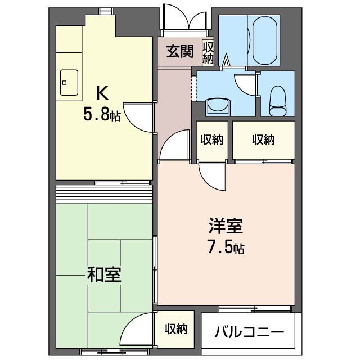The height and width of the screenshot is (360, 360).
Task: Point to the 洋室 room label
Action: (226, 226)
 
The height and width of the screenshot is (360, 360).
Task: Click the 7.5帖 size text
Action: (226, 247)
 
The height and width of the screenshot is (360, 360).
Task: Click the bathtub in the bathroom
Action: (267, 40)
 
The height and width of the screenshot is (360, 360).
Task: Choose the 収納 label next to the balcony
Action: (176, 329)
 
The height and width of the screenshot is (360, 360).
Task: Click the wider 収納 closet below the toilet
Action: (263, 140)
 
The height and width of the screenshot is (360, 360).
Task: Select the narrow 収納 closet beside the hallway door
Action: (211, 140)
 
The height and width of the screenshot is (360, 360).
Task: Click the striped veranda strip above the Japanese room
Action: (105, 193)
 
